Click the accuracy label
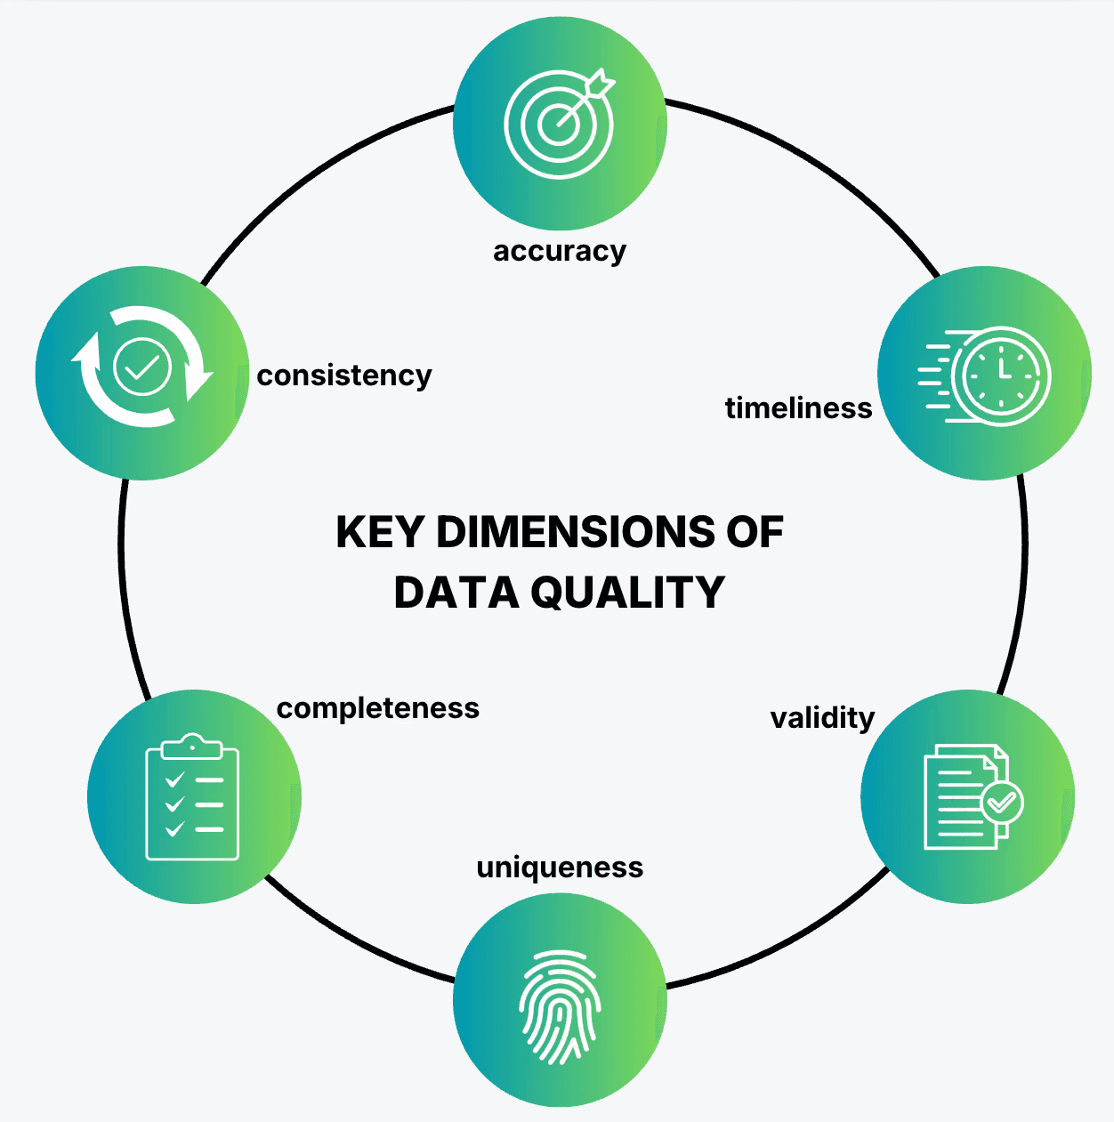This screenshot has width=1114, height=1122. (560, 252)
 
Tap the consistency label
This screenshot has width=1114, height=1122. (343, 375)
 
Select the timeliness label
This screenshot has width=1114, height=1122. (798, 408)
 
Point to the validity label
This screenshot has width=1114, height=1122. (822, 718)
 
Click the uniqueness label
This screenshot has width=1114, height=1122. (560, 868)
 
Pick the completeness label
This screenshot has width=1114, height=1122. (377, 708)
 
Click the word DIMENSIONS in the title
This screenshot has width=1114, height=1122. (575, 532)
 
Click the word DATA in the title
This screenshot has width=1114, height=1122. (456, 593)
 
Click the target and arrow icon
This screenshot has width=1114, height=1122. (560, 122)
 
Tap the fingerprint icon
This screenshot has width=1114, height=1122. (560, 1006)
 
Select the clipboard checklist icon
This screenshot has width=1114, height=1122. (192, 797)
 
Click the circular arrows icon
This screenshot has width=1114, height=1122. (142, 367)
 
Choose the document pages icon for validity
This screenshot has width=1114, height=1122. (966, 797)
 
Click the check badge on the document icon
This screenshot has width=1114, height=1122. (1002, 803)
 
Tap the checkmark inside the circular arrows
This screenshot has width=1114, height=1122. (142, 367)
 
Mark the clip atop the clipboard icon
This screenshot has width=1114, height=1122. (192, 746)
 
